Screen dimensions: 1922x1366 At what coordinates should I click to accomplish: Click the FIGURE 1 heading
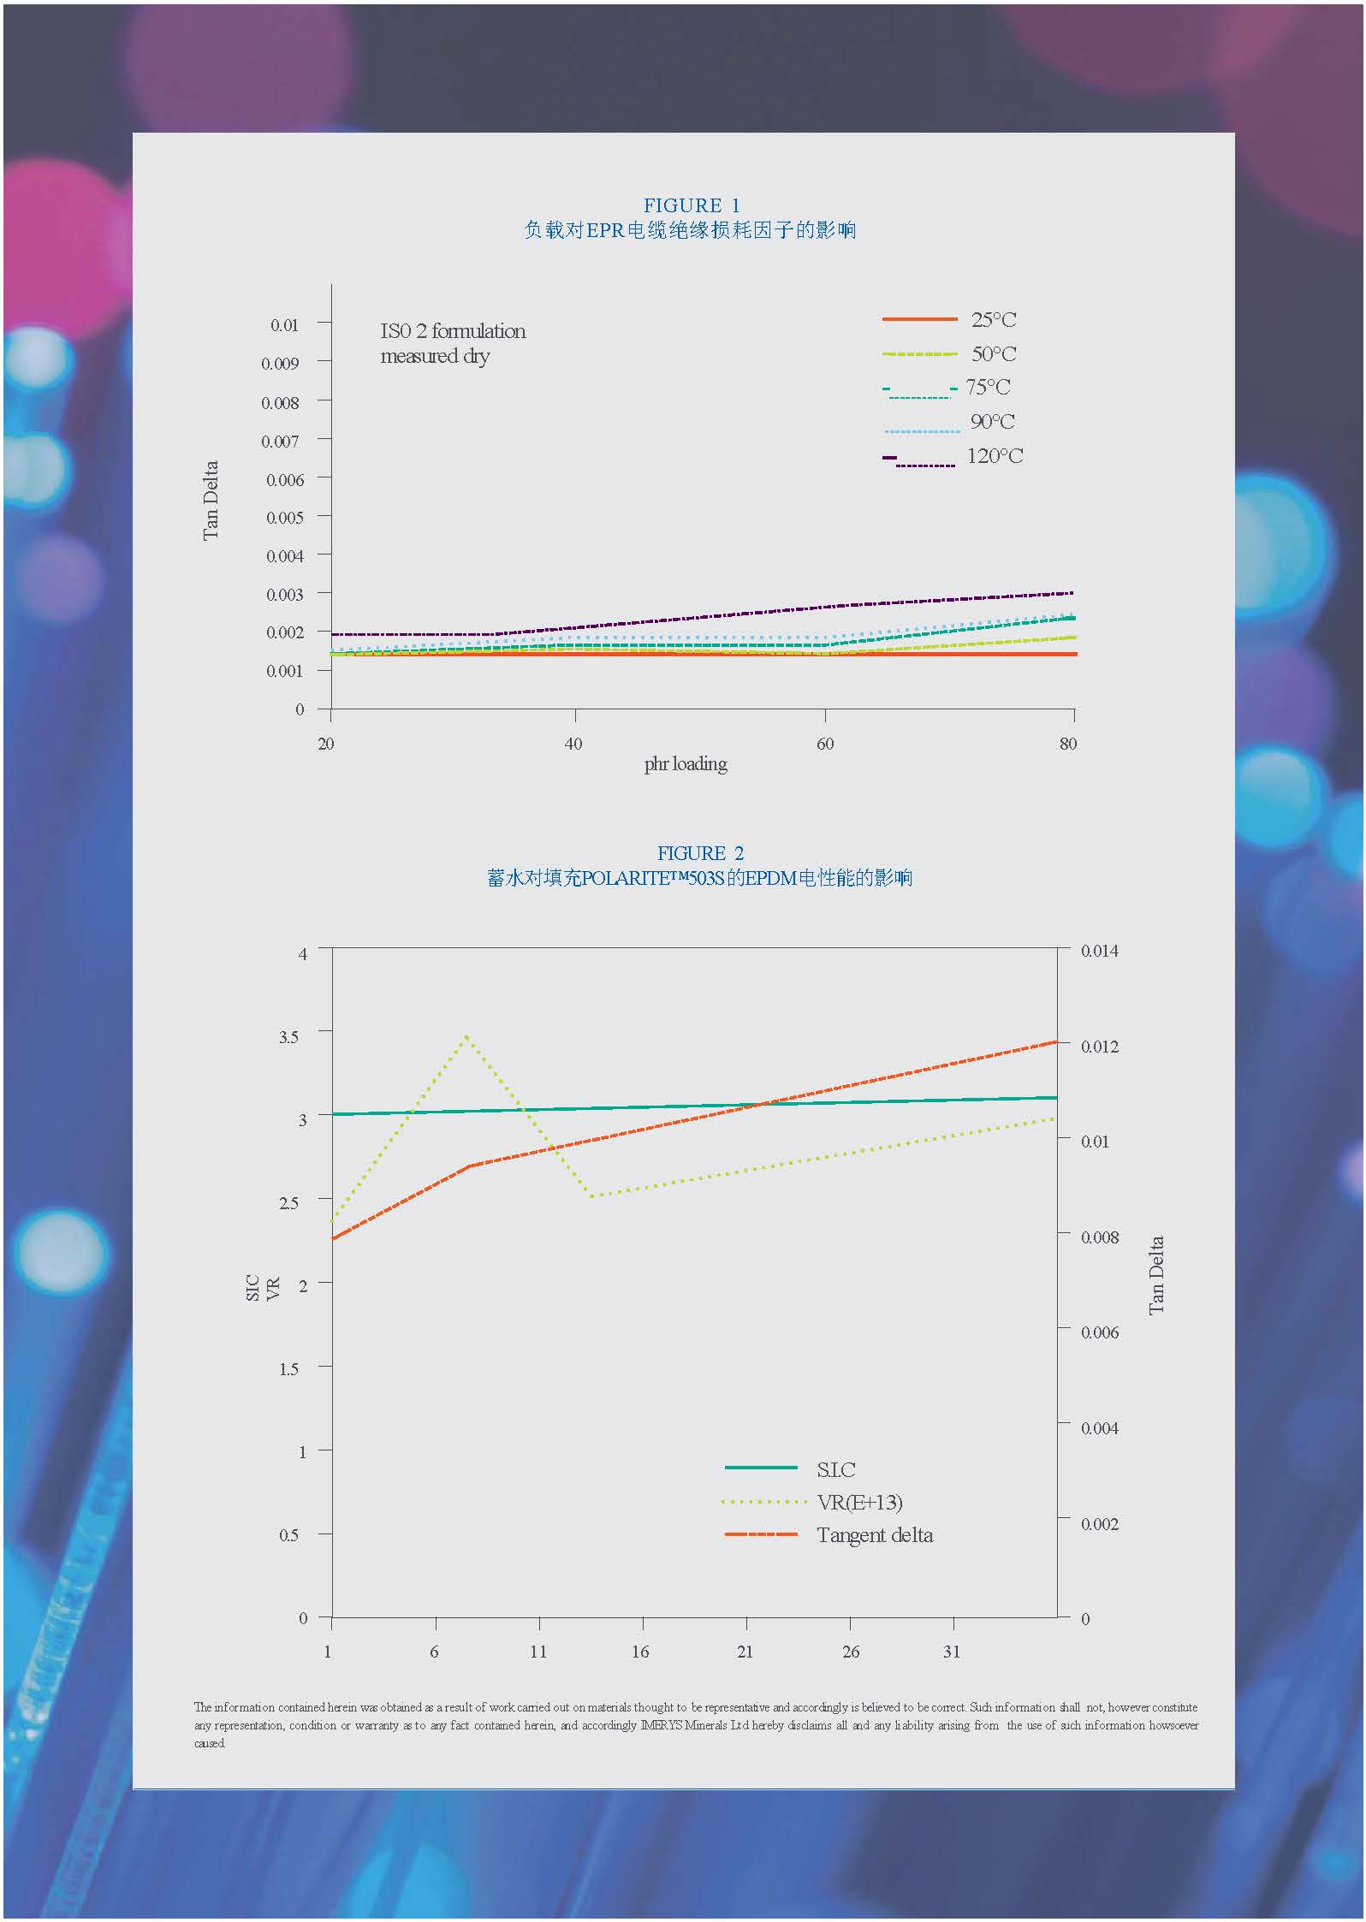click(691, 205)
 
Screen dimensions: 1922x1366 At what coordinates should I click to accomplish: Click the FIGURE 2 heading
click(700, 853)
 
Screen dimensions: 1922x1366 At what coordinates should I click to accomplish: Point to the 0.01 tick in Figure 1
click(284, 325)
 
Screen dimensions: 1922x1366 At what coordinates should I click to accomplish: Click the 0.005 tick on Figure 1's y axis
click(284, 518)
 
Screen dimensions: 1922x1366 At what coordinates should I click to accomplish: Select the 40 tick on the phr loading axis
click(573, 744)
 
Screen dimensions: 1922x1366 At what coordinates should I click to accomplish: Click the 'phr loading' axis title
click(686, 764)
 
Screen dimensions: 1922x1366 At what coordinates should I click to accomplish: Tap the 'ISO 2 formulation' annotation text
click(453, 331)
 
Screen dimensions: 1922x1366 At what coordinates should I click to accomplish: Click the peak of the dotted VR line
click(466, 1036)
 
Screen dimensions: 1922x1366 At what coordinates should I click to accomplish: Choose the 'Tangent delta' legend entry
click(874, 1535)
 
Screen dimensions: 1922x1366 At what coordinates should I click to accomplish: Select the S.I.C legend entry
click(835, 1470)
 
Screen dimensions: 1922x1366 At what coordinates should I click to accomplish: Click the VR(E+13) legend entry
click(859, 1503)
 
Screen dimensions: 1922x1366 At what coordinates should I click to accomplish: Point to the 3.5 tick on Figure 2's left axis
click(288, 1037)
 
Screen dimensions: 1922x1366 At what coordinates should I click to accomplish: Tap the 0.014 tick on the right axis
click(1099, 951)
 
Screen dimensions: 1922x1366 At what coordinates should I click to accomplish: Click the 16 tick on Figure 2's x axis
click(640, 1652)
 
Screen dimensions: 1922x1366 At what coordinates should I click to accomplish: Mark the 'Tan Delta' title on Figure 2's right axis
click(1156, 1275)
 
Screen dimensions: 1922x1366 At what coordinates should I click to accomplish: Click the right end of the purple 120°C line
click(1072, 593)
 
